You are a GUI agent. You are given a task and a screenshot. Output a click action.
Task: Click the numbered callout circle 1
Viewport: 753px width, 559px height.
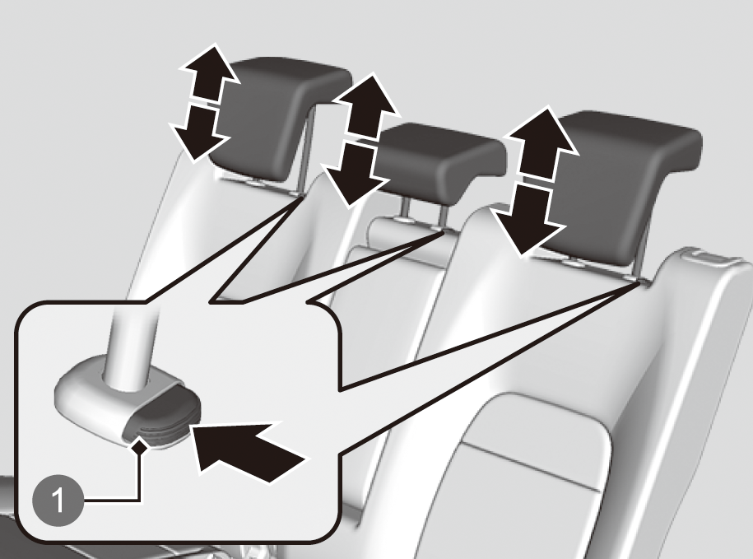(x=58, y=501)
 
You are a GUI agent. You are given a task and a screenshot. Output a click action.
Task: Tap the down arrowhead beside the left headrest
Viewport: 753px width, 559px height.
(x=199, y=133)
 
